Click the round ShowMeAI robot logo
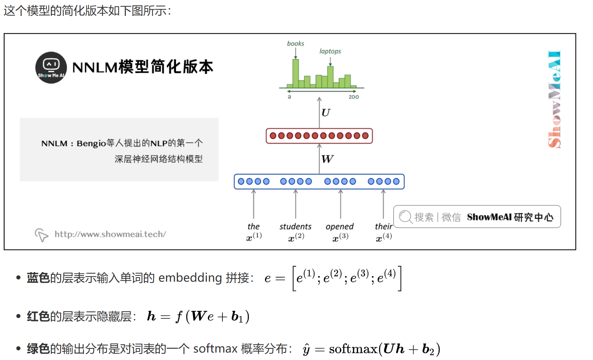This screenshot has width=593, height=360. pyautogui.click(x=51, y=68)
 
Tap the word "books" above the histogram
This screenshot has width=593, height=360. pyautogui.click(x=295, y=43)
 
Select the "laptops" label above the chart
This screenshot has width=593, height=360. pyautogui.click(x=330, y=51)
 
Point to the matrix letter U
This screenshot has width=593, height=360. pyautogui.click(x=326, y=112)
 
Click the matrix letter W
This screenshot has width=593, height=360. pyautogui.click(x=327, y=159)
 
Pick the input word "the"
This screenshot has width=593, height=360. pyautogui.click(x=254, y=226)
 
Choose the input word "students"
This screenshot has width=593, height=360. pyautogui.click(x=295, y=226)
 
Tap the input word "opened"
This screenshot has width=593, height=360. pyautogui.click(x=339, y=226)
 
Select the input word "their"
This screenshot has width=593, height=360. pyautogui.click(x=383, y=226)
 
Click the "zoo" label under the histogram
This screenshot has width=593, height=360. pyautogui.click(x=353, y=97)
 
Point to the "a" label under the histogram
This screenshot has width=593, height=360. pyautogui.click(x=289, y=97)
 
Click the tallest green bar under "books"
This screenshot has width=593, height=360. pyautogui.click(x=296, y=73)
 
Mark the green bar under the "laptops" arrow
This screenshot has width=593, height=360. pyautogui.click(x=330, y=77)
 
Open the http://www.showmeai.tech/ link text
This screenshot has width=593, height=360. pyautogui.click(x=110, y=234)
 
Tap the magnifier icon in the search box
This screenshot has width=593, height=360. pyautogui.click(x=405, y=217)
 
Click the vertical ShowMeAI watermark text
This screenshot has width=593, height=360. pyautogui.click(x=554, y=99)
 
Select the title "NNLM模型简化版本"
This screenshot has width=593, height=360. pyautogui.click(x=143, y=67)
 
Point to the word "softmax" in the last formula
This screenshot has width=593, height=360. pyautogui.click(x=353, y=349)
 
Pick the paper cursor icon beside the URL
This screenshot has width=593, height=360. pyautogui.click(x=41, y=235)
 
